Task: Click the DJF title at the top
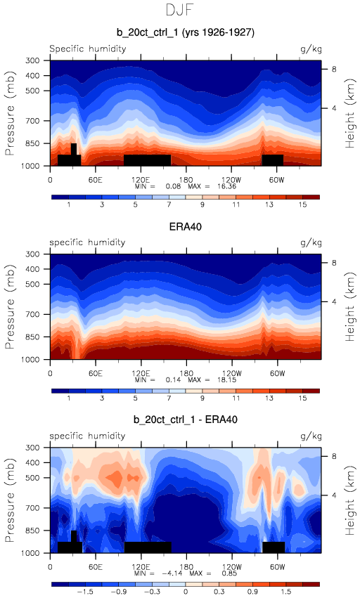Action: point(180,10)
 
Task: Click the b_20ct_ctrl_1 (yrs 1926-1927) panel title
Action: point(186,32)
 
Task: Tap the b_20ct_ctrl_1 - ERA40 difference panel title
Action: point(186,420)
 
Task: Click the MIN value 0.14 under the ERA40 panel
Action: point(173,380)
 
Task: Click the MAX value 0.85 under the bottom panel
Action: point(229,573)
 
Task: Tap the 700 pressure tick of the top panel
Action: point(32,121)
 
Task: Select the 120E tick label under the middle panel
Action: point(141,373)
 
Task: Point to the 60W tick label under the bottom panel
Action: point(277,566)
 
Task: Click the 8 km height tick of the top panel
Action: point(334,70)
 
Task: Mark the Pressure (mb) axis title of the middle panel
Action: point(10,306)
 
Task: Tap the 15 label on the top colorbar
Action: point(302,204)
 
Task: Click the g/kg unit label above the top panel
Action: point(311,49)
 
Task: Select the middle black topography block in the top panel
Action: point(148,160)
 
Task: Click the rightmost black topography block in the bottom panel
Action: point(274,547)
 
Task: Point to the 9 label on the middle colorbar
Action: point(202,398)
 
